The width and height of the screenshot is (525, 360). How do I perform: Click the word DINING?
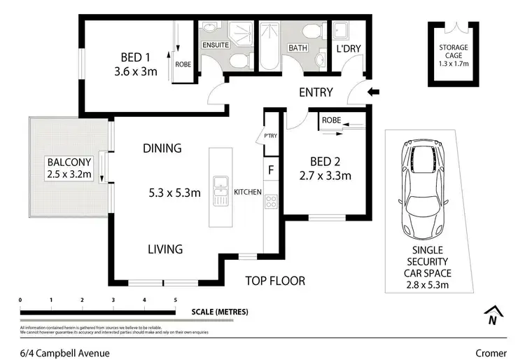click(x=162, y=148)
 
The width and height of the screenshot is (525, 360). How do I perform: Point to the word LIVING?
click(x=164, y=249)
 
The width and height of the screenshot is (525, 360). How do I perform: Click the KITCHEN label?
click(x=248, y=191)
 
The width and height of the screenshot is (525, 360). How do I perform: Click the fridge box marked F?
click(x=271, y=170)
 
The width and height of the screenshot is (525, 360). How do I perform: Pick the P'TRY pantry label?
click(x=270, y=137)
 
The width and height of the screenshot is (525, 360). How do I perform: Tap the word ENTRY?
click(x=316, y=92)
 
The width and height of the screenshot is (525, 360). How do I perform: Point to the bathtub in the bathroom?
click(x=269, y=47)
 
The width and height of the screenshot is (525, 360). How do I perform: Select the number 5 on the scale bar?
click(x=175, y=300)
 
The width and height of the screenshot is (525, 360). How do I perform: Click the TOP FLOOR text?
click(x=275, y=281)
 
